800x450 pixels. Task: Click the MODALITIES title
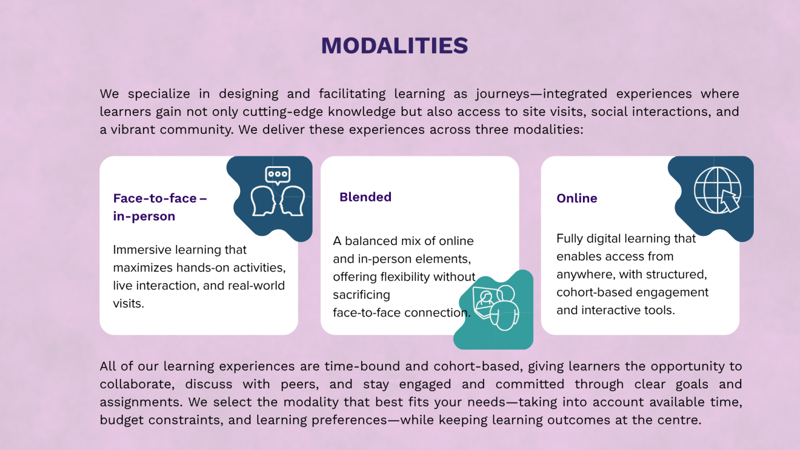(x=394, y=46)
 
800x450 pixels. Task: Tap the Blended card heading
(x=365, y=197)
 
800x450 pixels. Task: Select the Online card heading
(x=577, y=198)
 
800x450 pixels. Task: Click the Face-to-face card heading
(x=159, y=207)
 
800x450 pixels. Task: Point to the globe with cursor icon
(x=717, y=190)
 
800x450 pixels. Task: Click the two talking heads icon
(x=278, y=200)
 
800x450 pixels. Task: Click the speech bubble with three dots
(x=278, y=174)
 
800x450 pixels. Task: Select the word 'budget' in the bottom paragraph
(x=119, y=420)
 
